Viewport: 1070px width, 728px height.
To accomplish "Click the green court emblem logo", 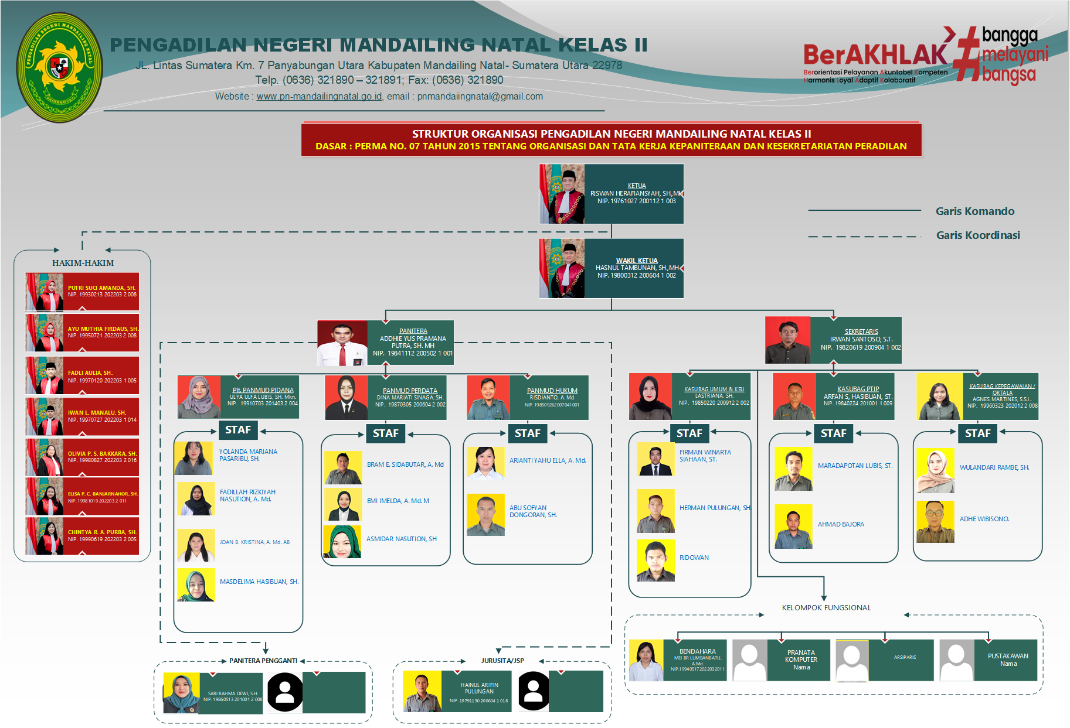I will click(x=59, y=67).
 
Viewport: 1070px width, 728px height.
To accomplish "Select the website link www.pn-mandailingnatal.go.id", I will click(x=319, y=97).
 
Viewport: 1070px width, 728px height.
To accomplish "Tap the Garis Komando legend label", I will click(x=974, y=211).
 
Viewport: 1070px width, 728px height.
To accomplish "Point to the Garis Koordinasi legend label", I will click(x=977, y=235).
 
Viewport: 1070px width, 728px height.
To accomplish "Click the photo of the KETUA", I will click(x=562, y=194).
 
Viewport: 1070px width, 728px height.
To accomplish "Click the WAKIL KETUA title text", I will click(x=636, y=261).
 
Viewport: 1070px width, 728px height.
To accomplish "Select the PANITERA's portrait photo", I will click(x=342, y=343).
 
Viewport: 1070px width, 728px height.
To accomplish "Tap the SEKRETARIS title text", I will click(x=861, y=331).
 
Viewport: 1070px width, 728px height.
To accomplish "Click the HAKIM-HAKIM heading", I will click(x=83, y=263).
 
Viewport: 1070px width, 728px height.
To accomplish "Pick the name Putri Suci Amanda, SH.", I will click(x=101, y=288).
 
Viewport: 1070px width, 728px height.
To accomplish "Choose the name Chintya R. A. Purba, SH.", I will click(x=101, y=532).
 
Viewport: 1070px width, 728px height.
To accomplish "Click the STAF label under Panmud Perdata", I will click(x=385, y=433).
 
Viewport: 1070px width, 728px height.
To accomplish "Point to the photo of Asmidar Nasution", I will click(x=342, y=542).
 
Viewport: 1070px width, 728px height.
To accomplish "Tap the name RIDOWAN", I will click(x=694, y=558).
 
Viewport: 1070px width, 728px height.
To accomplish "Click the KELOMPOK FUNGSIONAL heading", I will click(x=826, y=607).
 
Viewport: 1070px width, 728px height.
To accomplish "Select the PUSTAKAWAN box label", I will click(x=1007, y=656).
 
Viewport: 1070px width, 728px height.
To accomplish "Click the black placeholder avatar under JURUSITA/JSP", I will click(x=534, y=691).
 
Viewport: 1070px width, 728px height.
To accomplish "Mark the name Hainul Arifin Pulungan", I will click(x=479, y=688).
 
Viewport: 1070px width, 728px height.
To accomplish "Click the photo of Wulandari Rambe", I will click(x=935, y=471).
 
